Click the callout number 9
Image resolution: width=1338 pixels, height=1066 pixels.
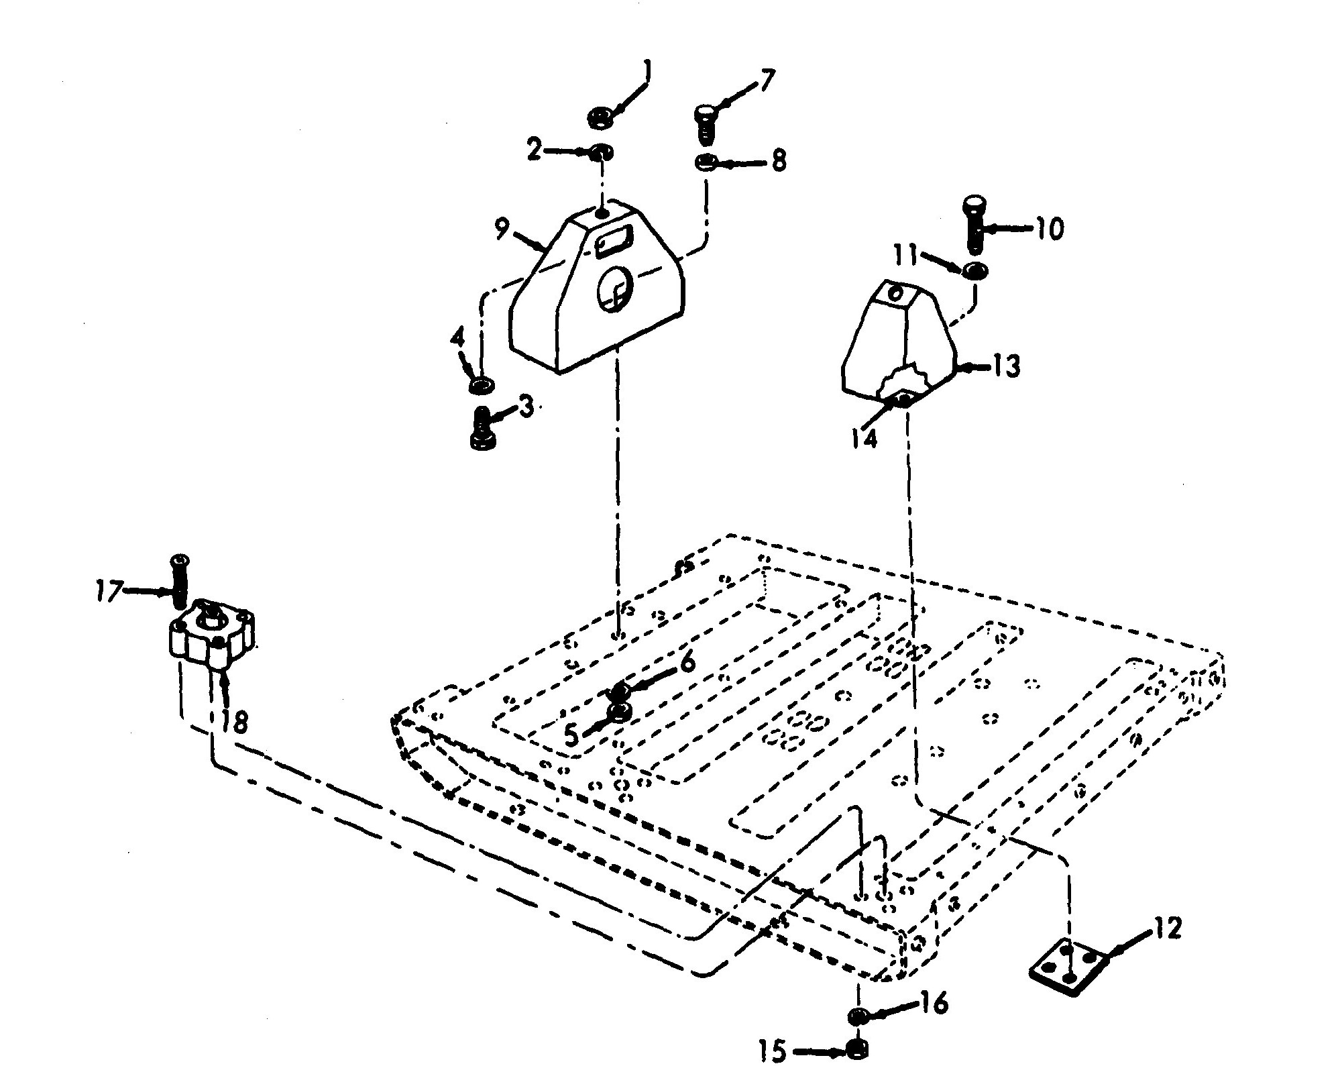502,230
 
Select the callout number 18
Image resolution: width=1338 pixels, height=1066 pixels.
235,723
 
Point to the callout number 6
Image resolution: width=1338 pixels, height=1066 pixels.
687,663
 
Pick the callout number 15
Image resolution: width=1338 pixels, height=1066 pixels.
773,1050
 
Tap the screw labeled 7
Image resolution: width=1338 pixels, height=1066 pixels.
704,123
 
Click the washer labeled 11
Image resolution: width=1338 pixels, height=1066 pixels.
975,271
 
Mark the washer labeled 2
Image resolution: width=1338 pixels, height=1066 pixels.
602,153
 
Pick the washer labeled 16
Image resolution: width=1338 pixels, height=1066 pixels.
857,1016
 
